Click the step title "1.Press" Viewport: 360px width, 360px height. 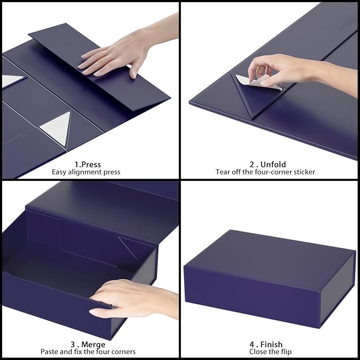[x=87, y=164]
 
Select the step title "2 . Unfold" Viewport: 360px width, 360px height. [x=269, y=164]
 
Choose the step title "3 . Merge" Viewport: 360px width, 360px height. [x=87, y=344]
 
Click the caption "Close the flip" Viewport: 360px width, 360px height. [x=269, y=352]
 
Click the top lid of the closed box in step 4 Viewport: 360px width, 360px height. [x=270, y=254]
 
